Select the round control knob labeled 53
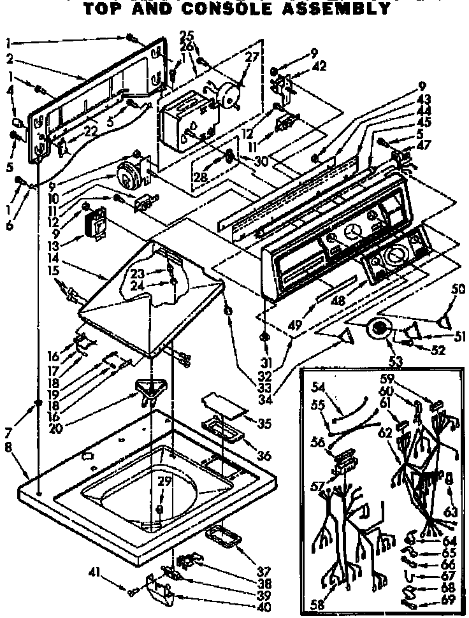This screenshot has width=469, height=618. pos(379,329)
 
